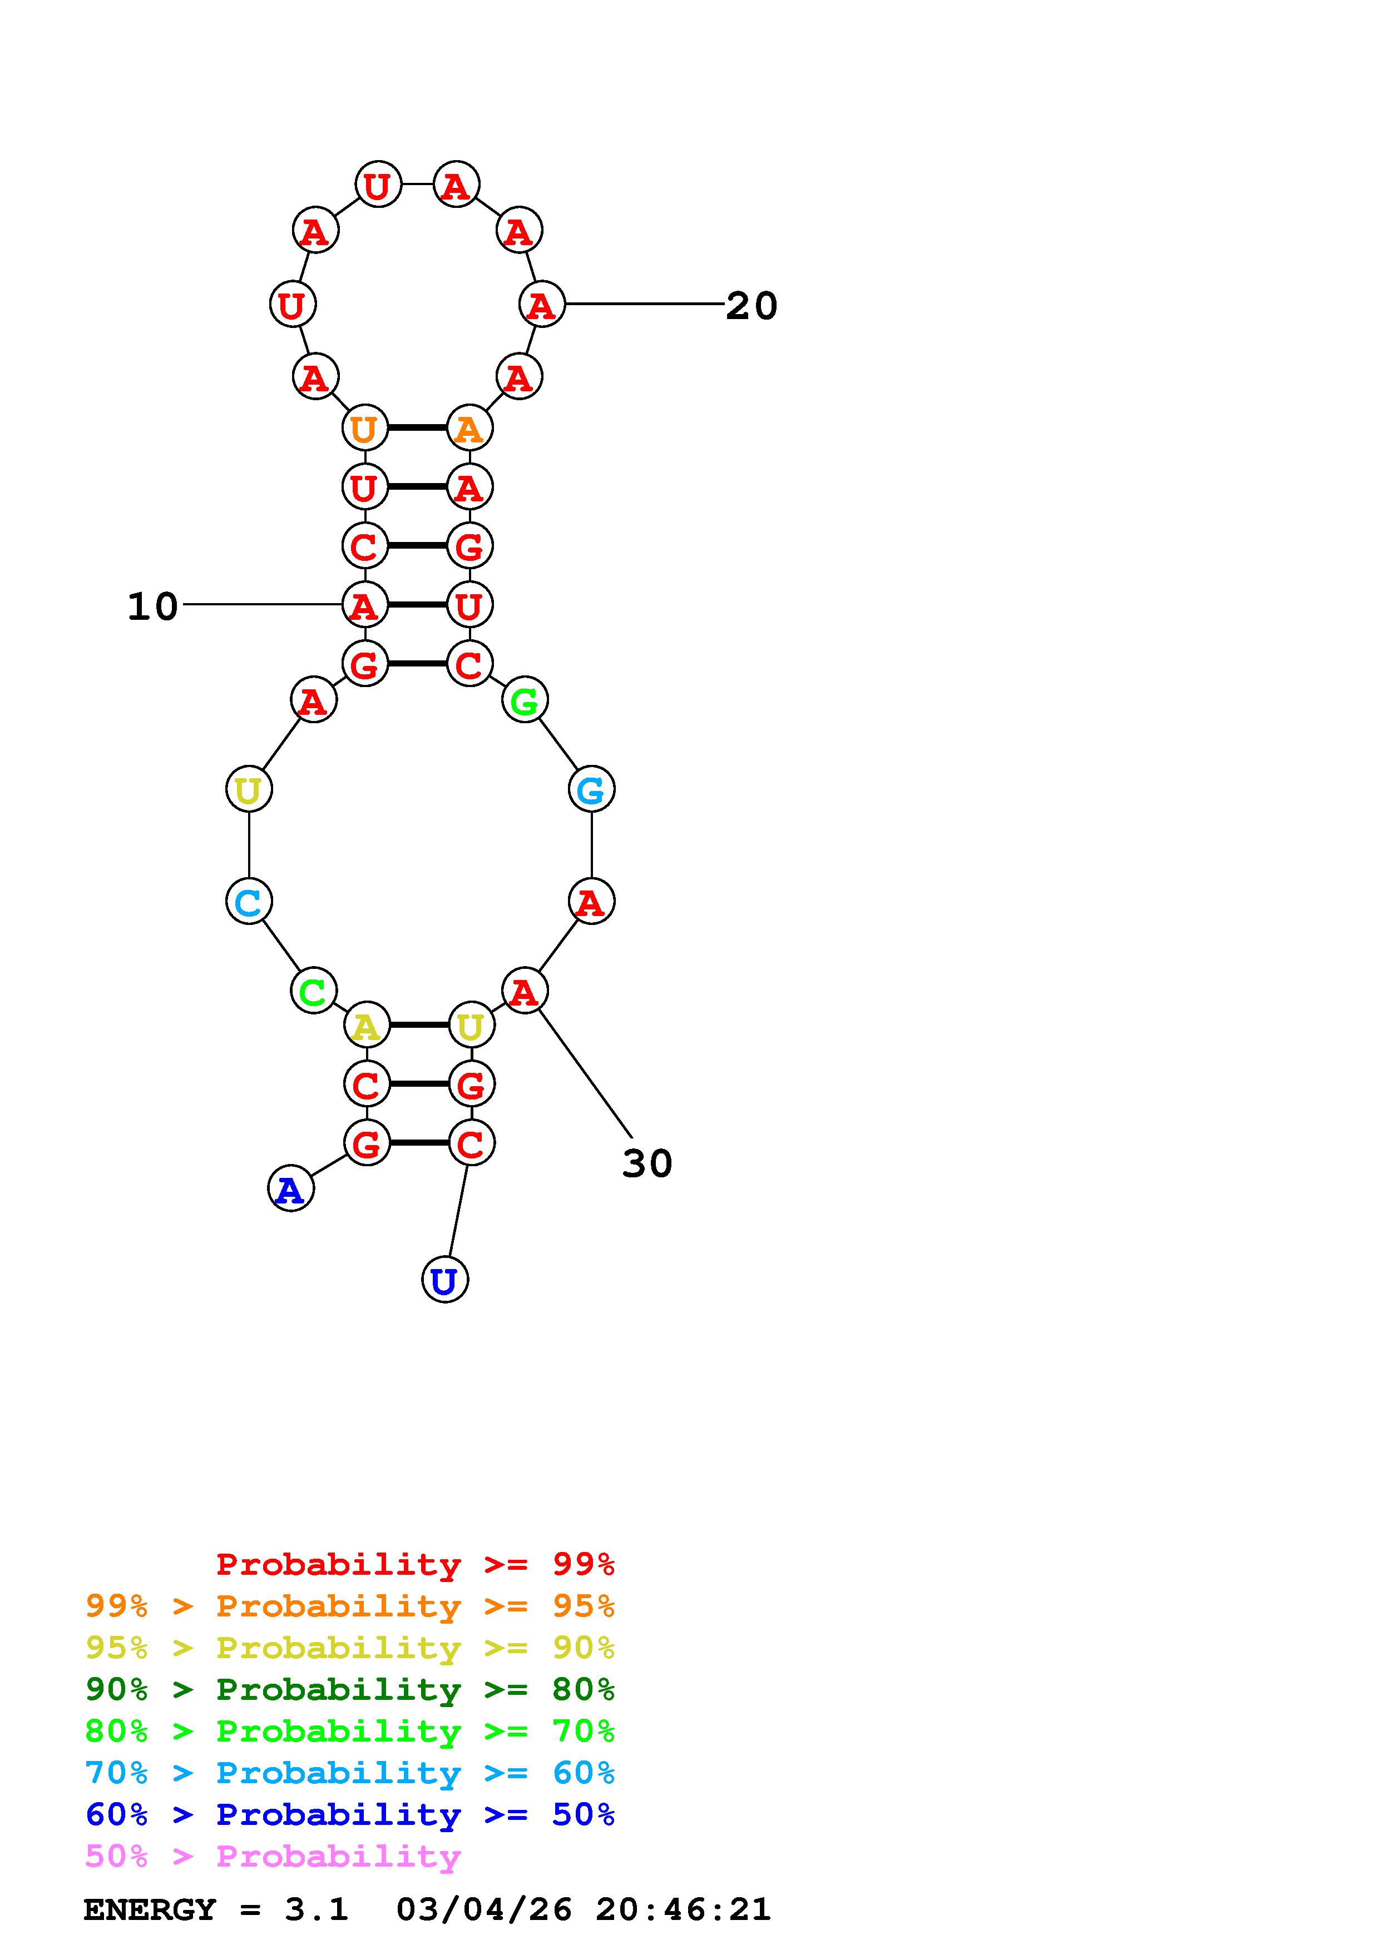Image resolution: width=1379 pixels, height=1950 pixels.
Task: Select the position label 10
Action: click(153, 606)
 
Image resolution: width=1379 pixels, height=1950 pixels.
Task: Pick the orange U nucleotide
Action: click(364, 428)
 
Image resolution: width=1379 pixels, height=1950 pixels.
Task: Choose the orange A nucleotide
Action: click(469, 428)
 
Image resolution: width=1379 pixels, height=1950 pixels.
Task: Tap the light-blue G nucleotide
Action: click(591, 789)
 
